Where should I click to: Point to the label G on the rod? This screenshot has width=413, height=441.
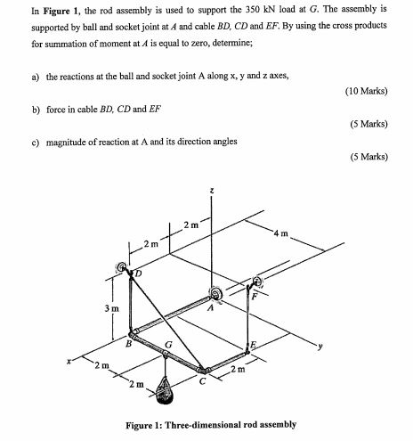(x=168, y=343)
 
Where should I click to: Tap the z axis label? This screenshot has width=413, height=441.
(x=211, y=190)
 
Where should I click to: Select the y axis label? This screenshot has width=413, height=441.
(x=310, y=347)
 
